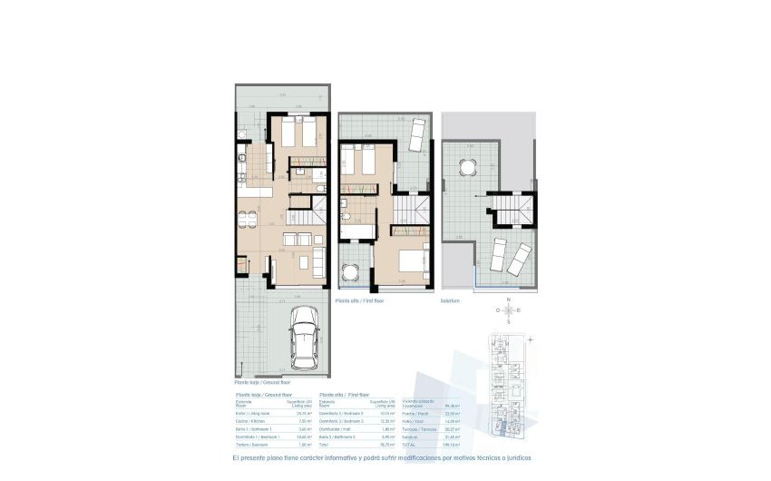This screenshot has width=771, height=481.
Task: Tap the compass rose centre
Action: (x=509, y=309)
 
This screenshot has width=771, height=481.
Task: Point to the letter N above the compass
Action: (x=509, y=299)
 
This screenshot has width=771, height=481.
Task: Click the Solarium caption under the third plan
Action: (x=450, y=299)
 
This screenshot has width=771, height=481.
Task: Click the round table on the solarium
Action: (x=468, y=167)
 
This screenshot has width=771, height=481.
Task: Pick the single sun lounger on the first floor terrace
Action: (x=415, y=135)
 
